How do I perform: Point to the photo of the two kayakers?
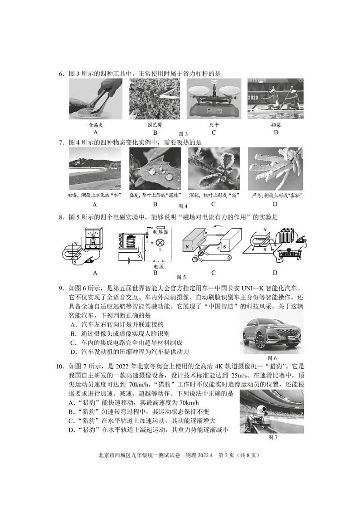275,99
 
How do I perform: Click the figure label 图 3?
183,134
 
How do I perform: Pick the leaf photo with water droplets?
155,169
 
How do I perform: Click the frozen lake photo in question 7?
95,169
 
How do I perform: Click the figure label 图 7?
272,437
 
